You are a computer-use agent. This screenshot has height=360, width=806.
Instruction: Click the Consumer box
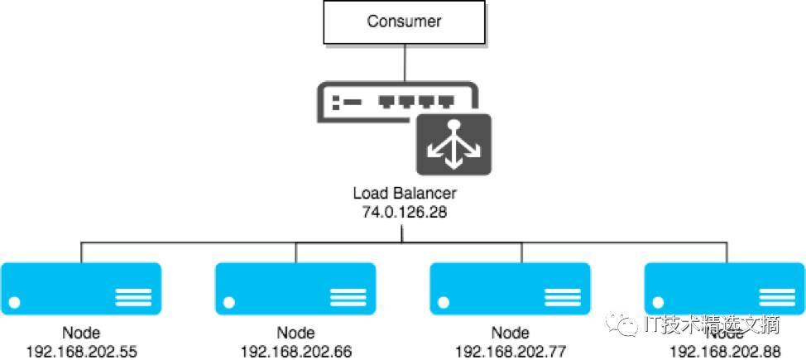[x=405, y=21]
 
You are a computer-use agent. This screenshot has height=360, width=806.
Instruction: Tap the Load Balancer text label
[x=405, y=194]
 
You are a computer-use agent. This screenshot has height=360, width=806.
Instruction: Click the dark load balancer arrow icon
[x=453, y=144]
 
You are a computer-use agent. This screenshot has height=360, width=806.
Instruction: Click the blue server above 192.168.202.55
[x=81, y=289]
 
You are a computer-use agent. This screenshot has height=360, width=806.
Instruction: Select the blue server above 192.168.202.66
[x=296, y=289]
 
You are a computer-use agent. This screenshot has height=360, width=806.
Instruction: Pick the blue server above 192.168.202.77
[x=511, y=289]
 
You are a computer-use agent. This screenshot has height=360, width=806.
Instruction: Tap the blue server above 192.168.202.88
[x=724, y=289]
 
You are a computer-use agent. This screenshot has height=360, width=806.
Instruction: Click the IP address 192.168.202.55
[x=81, y=351]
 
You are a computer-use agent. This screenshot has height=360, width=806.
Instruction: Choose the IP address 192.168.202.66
[x=296, y=351]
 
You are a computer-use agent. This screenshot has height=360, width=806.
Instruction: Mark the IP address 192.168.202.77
[x=511, y=351]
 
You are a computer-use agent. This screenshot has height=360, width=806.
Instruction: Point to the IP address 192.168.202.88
[x=724, y=351]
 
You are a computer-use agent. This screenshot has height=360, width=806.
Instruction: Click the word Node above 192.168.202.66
[x=296, y=334]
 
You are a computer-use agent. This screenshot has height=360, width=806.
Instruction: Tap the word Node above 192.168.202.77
[x=511, y=334]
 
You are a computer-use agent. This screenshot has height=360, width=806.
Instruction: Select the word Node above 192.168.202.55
[x=81, y=334]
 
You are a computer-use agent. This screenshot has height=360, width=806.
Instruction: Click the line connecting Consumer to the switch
[x=405, y=62]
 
